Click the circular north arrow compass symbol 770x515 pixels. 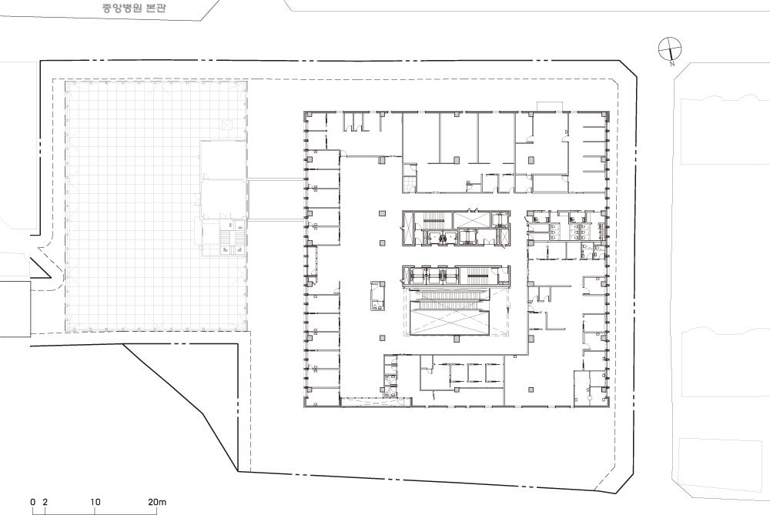pyautogui.click(x=670, y=48)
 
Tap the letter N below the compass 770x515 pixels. pyautogui.click(x=672, y=64)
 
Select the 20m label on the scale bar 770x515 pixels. pyautogui.click(x=157, y=502)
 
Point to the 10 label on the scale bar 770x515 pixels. pyautogui.click(x=95, y=502)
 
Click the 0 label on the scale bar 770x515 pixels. pyautogui.click(x=33, y=502)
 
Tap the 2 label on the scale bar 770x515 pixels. pyautogui.click(x=45, y=502)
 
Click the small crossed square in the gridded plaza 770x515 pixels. pyautogui.click(x=226, y=125)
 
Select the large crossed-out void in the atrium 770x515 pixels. pyautogui.click(x=450, y=323)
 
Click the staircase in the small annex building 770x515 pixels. pyautogui.click(x=226, y=239)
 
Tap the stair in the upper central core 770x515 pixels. pyautogui.click(x=434, y=220)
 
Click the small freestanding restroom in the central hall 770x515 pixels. pyautogui.click(x=377, y=295)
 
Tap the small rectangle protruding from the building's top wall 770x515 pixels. pyautogui.click(x=549, y=107)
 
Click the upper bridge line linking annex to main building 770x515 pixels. pyautogui.click(x=275, y=179)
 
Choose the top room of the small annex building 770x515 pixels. pyautogui.click(x=223, y=160)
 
